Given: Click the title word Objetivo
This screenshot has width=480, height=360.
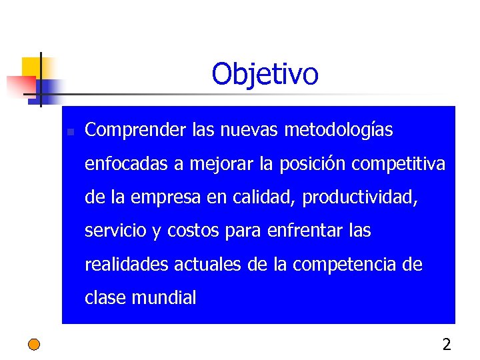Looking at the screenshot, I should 265,74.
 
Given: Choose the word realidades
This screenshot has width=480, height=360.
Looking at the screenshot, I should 127,265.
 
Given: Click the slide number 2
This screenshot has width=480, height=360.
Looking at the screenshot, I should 446,345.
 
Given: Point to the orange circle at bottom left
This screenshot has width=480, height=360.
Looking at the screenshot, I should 34,345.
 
